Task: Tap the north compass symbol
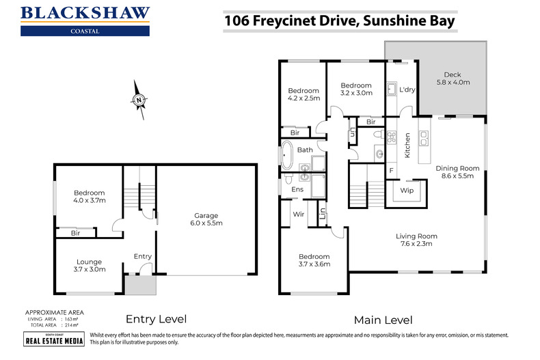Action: point(138,99)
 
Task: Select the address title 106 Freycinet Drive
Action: point(340,21)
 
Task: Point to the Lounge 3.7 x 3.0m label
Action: point(89,266)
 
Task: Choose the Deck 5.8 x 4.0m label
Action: point(453,78)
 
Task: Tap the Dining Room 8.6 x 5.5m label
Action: point(459,173)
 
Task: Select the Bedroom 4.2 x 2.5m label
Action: point(303,95)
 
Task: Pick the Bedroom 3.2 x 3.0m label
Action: point(356,89)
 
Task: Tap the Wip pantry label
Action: point(407,191)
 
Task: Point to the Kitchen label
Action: point(407,146)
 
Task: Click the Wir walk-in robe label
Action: point(298,214)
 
